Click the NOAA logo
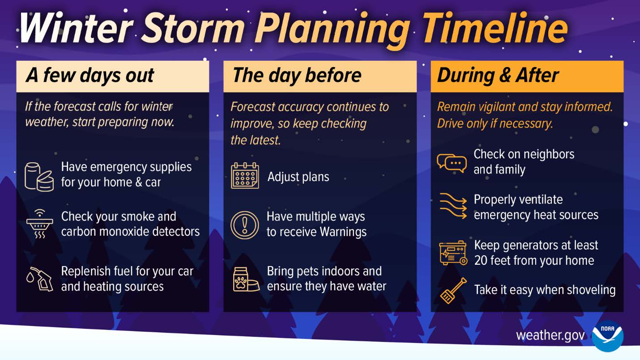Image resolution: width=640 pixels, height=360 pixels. [607, 336]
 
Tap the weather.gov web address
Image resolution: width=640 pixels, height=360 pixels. [550, 335]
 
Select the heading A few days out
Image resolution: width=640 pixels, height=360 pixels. [90, 76]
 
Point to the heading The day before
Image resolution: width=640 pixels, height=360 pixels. [297, 76]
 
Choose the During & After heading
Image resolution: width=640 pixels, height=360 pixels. [498, 76]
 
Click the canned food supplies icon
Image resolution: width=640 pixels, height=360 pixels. [39, 176]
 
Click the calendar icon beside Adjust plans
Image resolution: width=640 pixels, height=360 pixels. [245, 176]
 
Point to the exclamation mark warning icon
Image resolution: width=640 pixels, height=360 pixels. [245, 224]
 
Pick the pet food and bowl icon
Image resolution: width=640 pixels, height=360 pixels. [246, 279]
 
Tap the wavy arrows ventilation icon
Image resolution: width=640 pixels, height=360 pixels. [453, 207]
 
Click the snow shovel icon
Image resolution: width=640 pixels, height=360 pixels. [453, 291]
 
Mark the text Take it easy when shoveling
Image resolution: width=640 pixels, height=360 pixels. [545, 290]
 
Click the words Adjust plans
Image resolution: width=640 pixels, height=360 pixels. [298, 177]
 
